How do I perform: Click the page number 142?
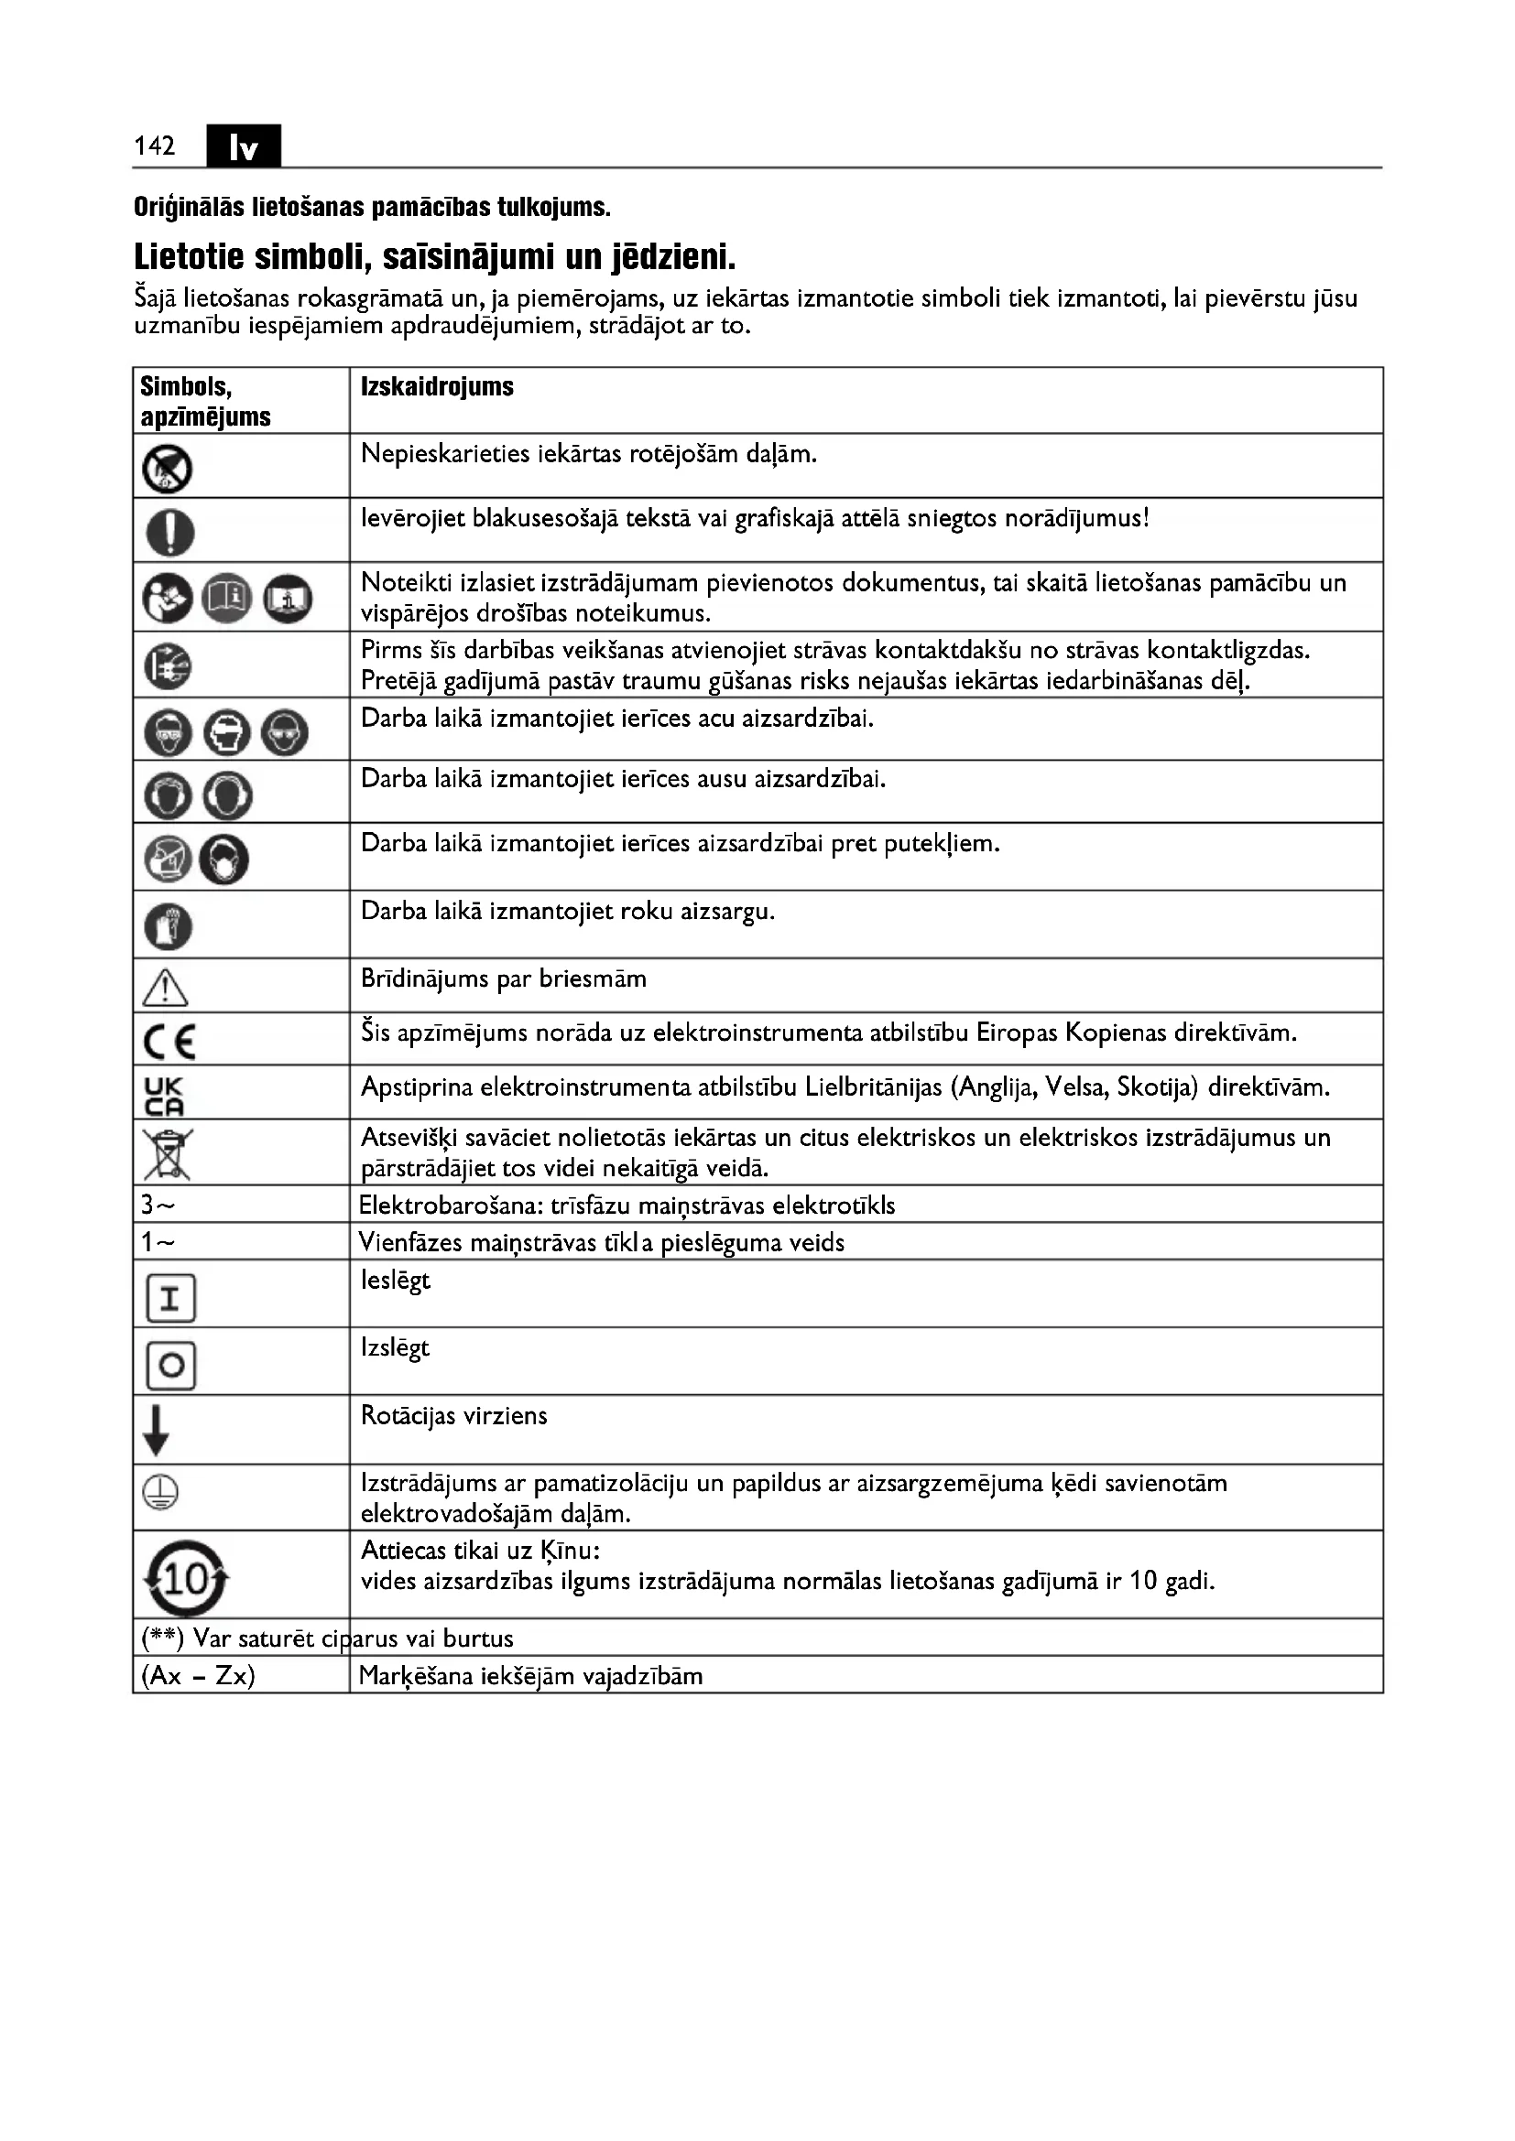[x=154, y=146]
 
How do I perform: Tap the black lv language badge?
[x=243, y=146]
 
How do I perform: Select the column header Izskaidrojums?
[x=437, y=387]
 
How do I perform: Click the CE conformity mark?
[x=169, y=1041]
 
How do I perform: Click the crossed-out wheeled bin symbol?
[x=167, y=1153]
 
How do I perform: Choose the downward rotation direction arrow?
[x=156, y=1431]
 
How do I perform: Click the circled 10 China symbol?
[x=186, y=1578]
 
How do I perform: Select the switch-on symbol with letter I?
[x=170, y=1298]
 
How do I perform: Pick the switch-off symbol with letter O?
[x=170, y=1366]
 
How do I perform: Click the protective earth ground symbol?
[x=160, y=1493]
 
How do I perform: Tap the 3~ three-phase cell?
[x=158, y=1206]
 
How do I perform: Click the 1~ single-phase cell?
[x=158, y=1243]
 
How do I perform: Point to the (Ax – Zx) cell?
[x=198, y=1677]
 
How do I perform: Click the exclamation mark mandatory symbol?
[x=169, y=533]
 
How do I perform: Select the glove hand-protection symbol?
[x=168, y=927]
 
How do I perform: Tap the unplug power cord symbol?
[x=168, y=666]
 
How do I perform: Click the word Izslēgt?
[x=395, y=1348]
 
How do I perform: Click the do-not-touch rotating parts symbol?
[x=167, y=468]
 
